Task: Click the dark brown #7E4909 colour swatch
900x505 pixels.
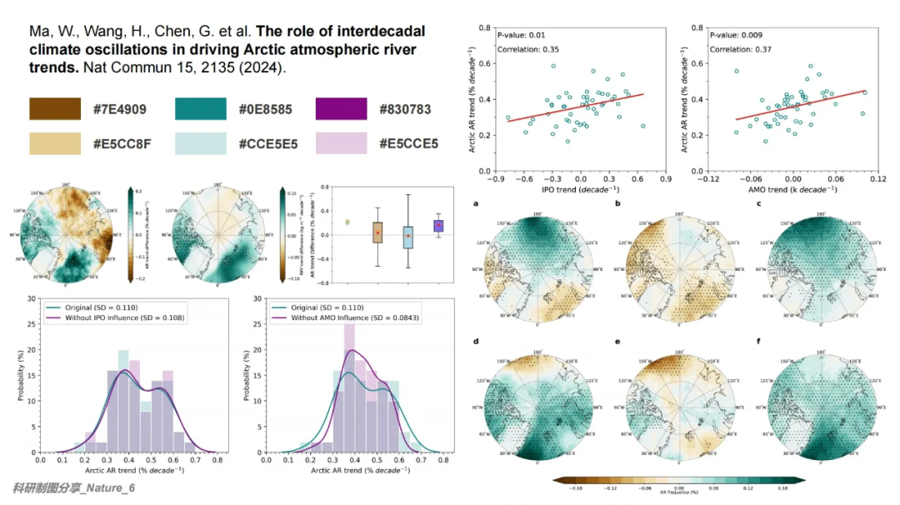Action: [x=55, y=109]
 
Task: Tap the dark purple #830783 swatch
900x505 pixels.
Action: [x=342, y=109]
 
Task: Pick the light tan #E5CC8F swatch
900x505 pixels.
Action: [x=55, y=142]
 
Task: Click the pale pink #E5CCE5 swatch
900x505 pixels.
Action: [x=342, y=142]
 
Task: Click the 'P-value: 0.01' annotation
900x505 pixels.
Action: [x=521, y=35]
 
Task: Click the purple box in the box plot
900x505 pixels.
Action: [x=438, y=225]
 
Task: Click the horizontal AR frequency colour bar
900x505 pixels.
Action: [x=678, y=480]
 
